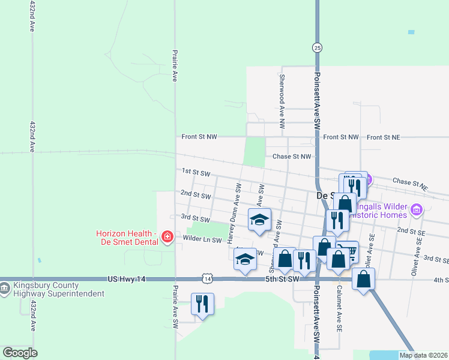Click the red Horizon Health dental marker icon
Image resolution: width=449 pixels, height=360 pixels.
click(x=166, y=238)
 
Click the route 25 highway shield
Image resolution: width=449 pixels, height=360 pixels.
click(x=316, y=47)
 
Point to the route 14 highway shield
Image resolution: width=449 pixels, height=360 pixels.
click(x=207, y=279)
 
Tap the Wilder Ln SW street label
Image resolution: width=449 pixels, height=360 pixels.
click(x=202, y=240)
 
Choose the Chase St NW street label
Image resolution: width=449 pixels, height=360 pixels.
click(x=292, y=157)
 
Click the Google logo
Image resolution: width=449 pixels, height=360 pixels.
click(x=20, y=353)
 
